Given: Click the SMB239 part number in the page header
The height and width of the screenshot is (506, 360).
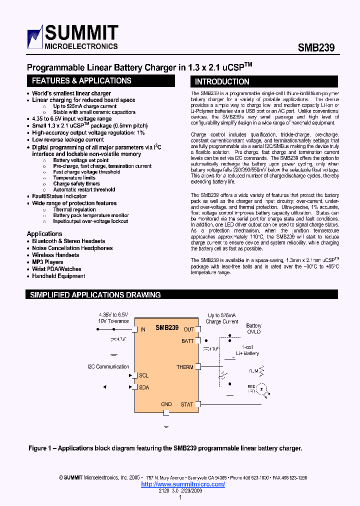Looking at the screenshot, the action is [316, 47].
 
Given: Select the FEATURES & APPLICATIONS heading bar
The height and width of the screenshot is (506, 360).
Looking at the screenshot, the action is [81, 81].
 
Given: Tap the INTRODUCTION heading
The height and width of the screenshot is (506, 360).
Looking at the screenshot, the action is [221, 81].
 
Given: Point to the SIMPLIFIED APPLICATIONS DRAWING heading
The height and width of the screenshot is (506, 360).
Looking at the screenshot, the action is [95, 295].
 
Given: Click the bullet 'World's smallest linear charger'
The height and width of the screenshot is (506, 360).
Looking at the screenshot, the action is [71, 93].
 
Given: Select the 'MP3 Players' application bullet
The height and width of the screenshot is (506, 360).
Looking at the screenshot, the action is [47, 262].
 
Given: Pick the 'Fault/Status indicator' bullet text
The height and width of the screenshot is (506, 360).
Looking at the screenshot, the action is [59, 196].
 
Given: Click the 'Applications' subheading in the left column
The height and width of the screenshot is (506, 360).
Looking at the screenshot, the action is [44, 234].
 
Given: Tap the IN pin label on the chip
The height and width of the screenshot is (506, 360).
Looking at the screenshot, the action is [143, 329].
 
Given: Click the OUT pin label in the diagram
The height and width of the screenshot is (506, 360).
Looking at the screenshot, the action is [188, 329].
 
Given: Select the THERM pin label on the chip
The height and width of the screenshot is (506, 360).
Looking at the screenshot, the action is [184, 367].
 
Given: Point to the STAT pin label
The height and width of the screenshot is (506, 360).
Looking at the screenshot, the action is [186, 404].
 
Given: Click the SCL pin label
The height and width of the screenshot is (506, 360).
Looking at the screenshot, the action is [143, 375].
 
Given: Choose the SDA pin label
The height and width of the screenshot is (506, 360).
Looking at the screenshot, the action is [144, 387].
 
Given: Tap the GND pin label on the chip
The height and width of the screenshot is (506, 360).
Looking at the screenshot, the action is [166, 404].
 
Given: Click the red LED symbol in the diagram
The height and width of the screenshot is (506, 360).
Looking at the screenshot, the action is [264, 388].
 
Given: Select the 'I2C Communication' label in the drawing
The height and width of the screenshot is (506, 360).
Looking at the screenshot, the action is [108, 366].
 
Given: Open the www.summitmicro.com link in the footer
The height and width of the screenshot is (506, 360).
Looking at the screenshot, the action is [183, 484].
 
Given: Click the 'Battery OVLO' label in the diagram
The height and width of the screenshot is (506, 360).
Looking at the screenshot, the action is [253, 328].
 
